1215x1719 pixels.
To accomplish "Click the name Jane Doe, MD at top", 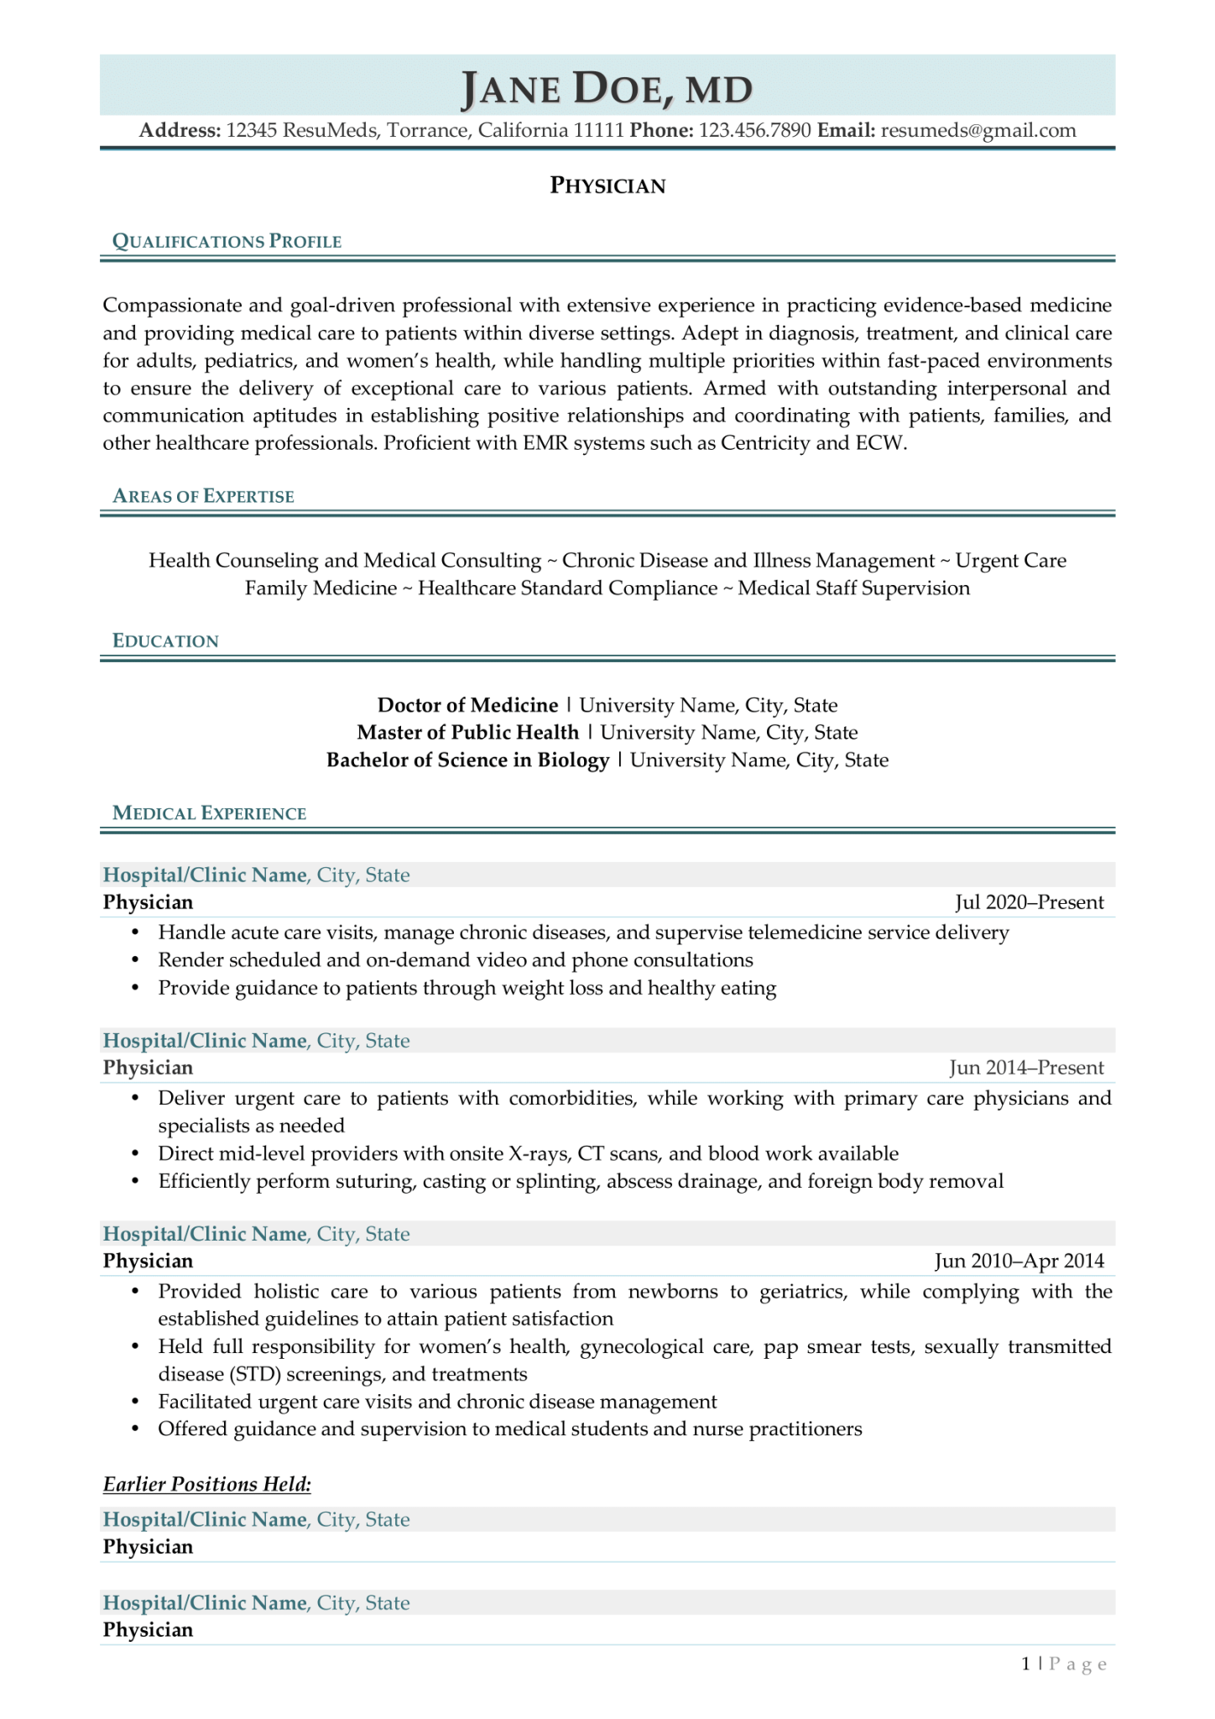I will coord(607,88).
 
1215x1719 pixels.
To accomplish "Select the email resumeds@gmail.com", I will coord(978,130).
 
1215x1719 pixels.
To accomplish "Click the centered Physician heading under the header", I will coord(607,185).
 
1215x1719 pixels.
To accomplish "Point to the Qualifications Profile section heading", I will coord(227,242).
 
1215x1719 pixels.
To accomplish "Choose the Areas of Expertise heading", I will coord(203,496).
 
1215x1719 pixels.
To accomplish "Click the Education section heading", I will coord(165,641).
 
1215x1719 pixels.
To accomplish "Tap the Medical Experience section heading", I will coord(209,813).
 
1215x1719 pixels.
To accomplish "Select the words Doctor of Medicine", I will coord(467,705).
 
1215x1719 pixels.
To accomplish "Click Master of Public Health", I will coord(467,733).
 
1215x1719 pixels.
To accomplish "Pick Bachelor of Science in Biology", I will coord(467,760).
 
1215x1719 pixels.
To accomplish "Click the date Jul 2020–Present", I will coord(1029,902).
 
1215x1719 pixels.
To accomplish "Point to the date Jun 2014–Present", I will coord(1026,1068).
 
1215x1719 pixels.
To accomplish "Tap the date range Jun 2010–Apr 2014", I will coord(1019,1261).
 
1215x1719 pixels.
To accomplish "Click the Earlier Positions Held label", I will coord(206,1484).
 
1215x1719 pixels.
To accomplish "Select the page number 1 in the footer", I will coord(1025,1664).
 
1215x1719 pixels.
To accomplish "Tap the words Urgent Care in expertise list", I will coord(1010,561).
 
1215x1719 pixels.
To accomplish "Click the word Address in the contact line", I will coord(180,130).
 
